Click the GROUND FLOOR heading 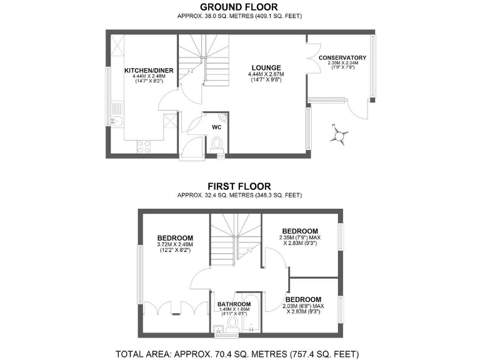[239, 7]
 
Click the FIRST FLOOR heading [239, 186]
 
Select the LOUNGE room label [266, 67]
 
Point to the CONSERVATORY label [342, 58]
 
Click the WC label [217, 127]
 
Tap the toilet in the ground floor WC [217, 144]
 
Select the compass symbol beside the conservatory [341, 135]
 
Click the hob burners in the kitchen [144, 146]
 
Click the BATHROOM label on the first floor [234, 305]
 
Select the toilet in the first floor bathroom [232, 324]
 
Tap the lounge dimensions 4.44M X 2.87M [266, 74]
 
